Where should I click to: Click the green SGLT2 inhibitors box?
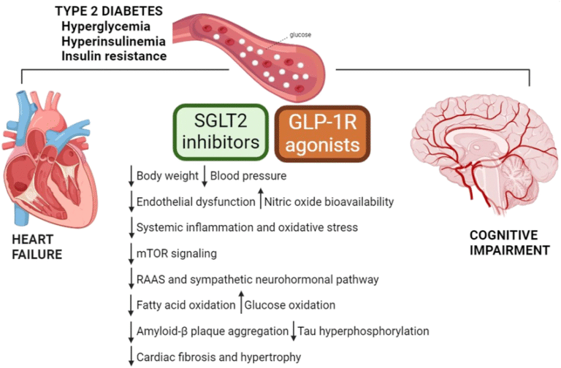tap(218, 132)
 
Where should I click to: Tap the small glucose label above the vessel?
tap(299, 34)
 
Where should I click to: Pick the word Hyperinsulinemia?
tap(112, 41)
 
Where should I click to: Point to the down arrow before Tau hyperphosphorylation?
tap(292, 330)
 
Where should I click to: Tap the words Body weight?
tap(167, 176)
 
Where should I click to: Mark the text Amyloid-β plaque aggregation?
tap(212, 331)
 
